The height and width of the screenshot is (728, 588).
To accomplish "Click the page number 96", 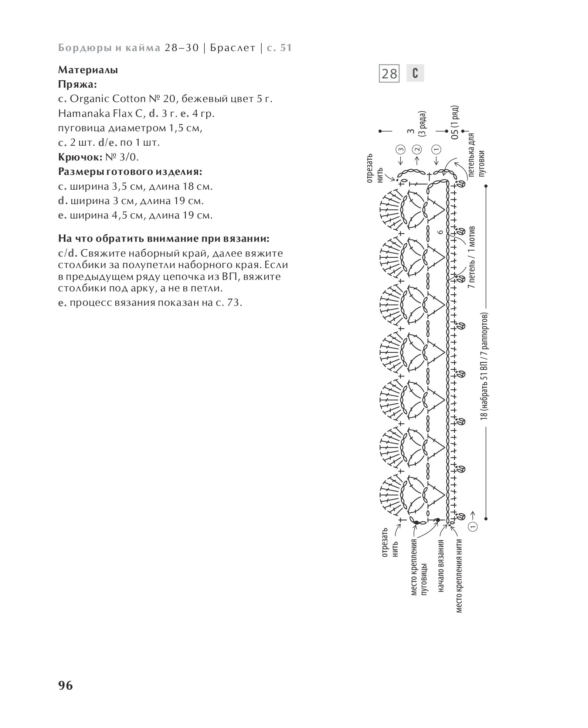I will pos(66,685).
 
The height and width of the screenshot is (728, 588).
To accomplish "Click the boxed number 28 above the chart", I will pos(389,74).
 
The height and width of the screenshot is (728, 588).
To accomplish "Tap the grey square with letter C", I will pos(415,73).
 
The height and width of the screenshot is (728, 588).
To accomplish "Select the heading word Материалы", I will pos(88,70).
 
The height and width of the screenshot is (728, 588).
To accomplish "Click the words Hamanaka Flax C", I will pos(102,114).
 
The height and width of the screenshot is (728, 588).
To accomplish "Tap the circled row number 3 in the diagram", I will pos(401,150).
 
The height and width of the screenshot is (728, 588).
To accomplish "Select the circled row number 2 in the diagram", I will pos(418,150).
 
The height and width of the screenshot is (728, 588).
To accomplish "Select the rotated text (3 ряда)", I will pos(423,124).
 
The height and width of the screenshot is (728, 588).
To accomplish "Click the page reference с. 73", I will pos(228,303).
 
